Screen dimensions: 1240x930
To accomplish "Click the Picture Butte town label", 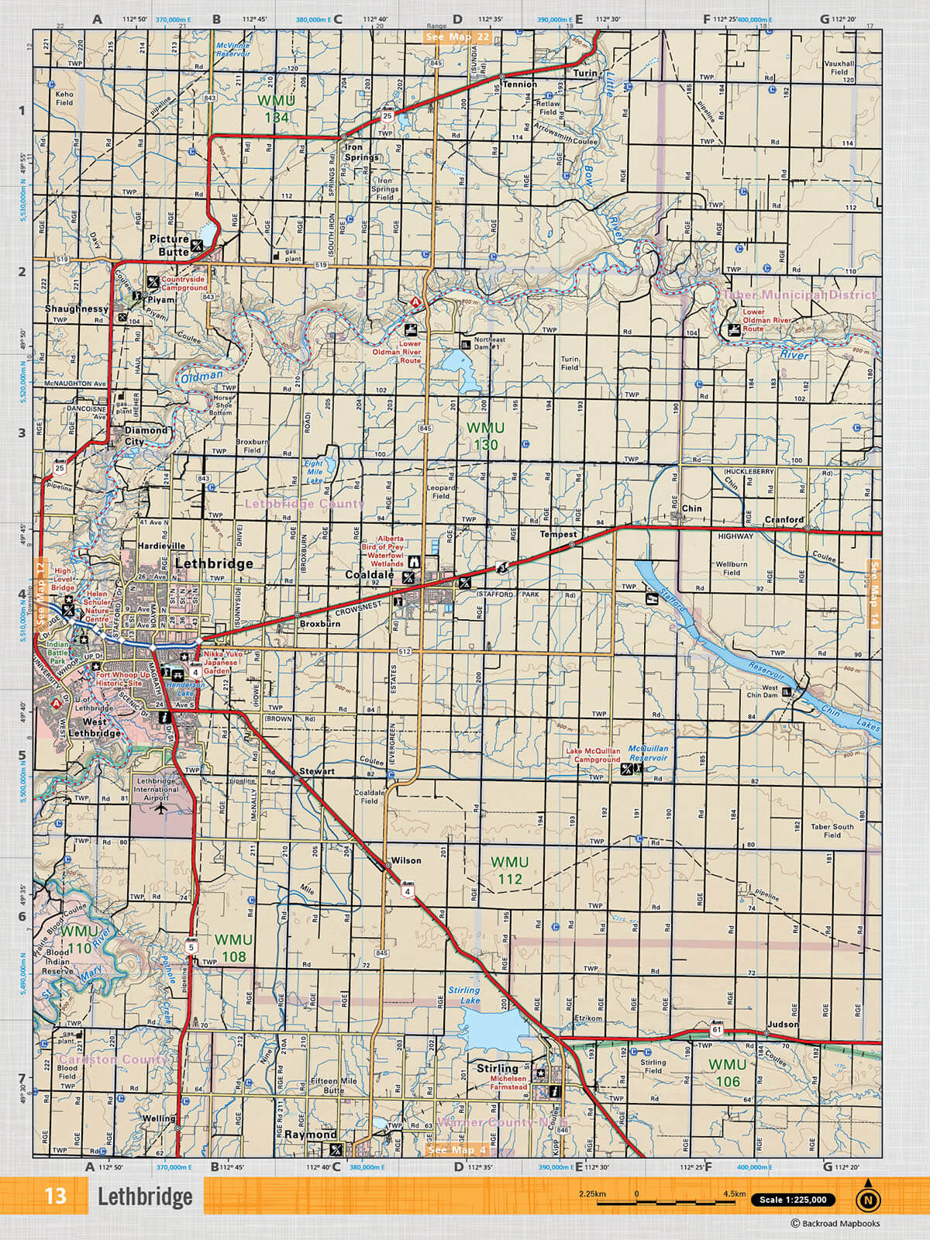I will [x=169, y=245].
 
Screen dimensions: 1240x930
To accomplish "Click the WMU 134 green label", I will [x=276, y=109].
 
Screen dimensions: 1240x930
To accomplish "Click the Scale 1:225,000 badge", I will [x=793, y=1200].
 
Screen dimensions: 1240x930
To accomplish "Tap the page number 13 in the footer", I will [x=55, y=1196].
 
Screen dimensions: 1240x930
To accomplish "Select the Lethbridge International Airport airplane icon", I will [x=160, y=809].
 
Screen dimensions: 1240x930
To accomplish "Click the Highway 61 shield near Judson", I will [x=716, y=1030].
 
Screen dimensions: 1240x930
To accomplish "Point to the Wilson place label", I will [x=406, y=860].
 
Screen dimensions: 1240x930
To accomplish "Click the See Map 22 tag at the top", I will [x=457, y=37].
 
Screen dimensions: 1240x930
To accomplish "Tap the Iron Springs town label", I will [x=362, y=152].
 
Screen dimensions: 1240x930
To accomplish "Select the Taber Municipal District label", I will [x=799, y=294].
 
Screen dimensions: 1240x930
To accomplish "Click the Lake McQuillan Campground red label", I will [x=593, y=755].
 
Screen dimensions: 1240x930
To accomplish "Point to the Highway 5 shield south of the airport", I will [x=191, y=946].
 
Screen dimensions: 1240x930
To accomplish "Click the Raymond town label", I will [x=310, y=1134].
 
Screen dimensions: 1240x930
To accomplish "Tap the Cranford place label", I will [x=784, y=519].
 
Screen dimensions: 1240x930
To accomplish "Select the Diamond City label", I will [x=146, y=436].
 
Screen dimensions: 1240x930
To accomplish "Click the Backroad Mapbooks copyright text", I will [x=835, y=1224].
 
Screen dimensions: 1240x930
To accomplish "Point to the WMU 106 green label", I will [x=727, y=1073].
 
